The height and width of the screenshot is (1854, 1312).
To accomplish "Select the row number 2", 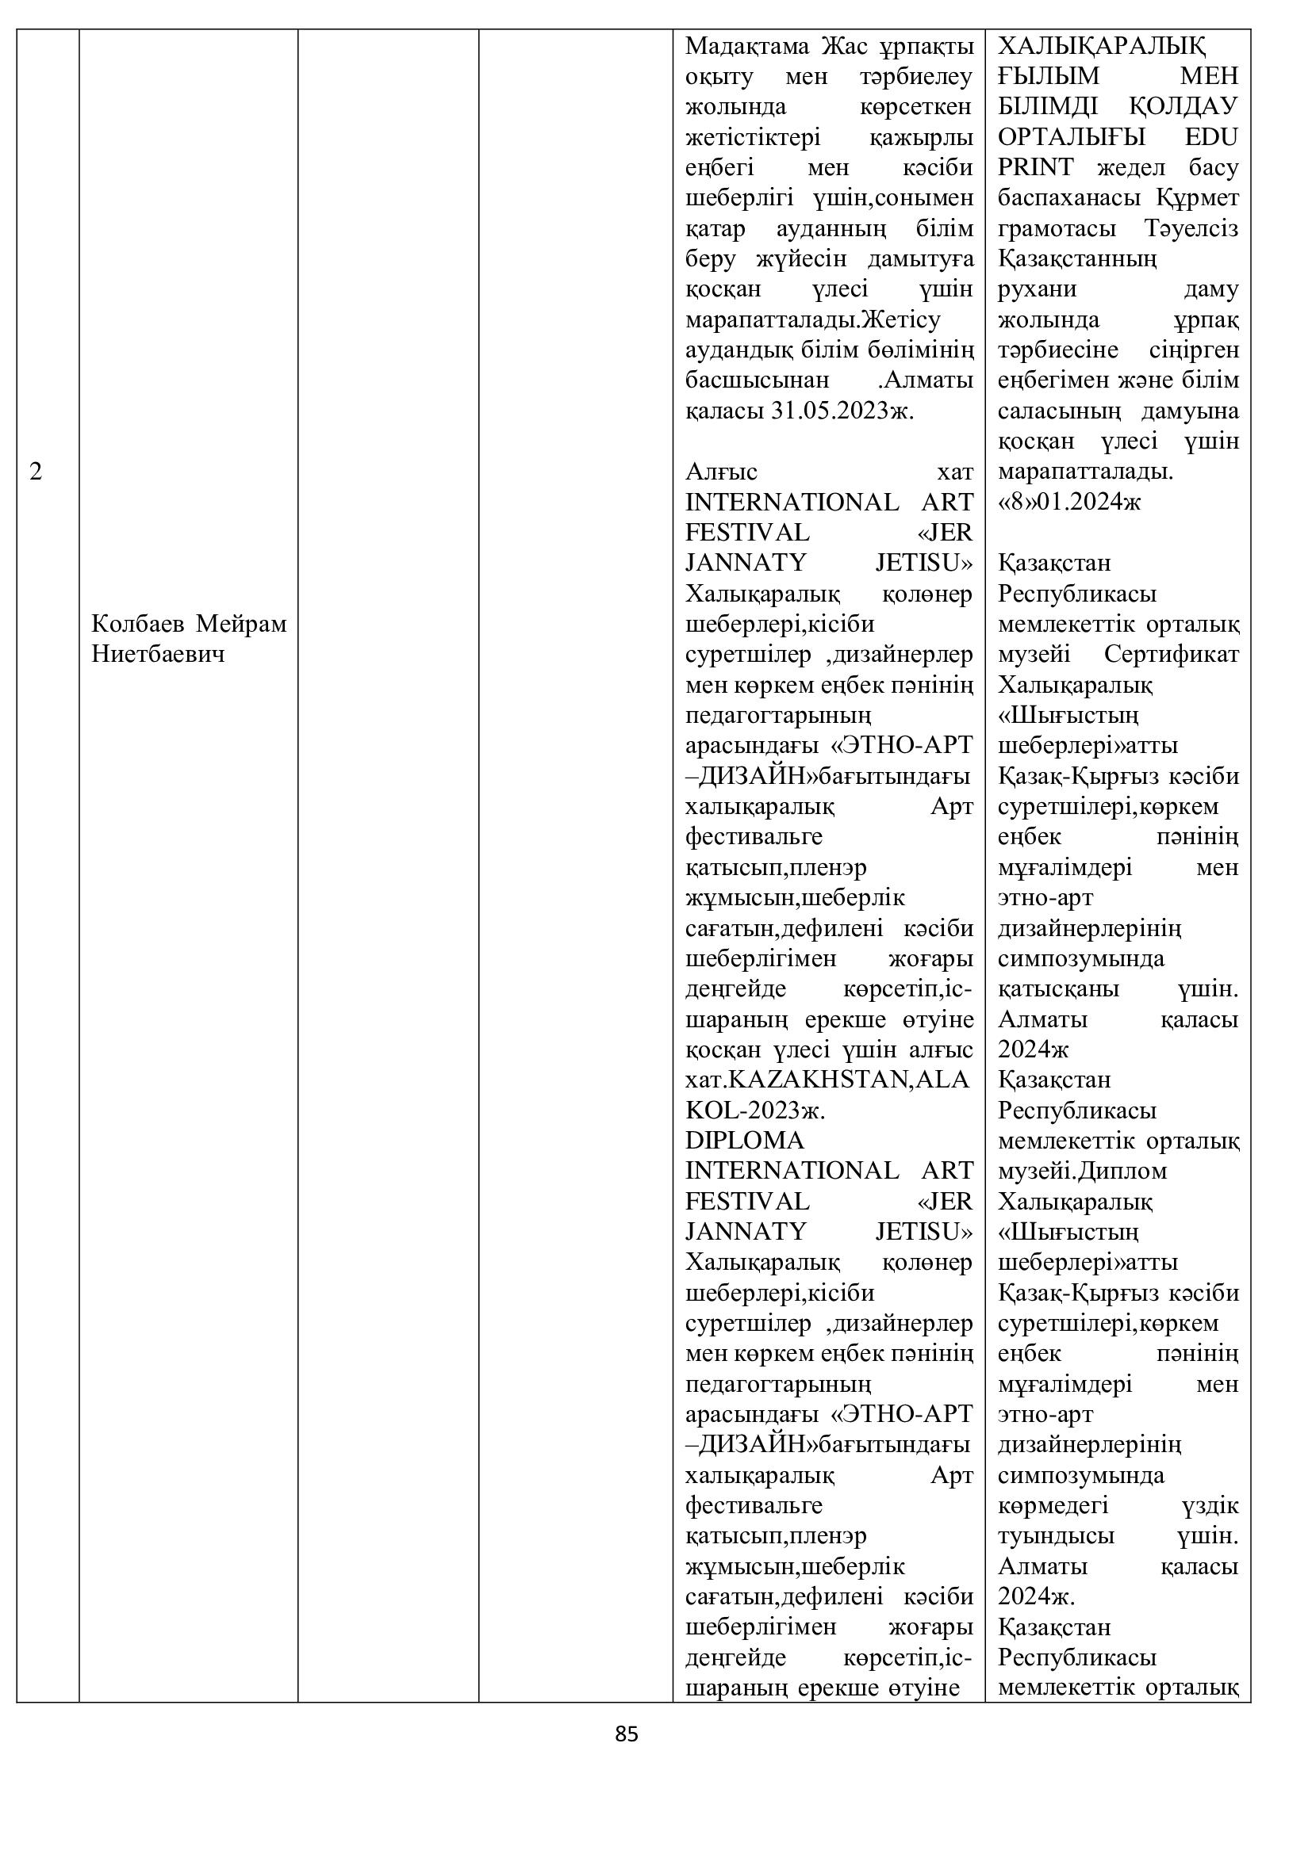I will coord(36,472).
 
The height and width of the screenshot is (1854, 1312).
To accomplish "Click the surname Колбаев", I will coord(139,623).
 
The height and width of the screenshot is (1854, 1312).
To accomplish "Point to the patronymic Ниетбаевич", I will coord(159,654).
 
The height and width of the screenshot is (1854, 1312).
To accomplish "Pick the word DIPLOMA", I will coord(745,1140).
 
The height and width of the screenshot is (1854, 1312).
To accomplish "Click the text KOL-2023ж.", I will coord(754,1110).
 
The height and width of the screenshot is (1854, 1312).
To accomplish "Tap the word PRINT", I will coord(1036,167).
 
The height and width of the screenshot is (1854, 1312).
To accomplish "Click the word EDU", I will coord(1211,136).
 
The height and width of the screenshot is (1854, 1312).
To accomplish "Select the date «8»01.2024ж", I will coord(1069,503).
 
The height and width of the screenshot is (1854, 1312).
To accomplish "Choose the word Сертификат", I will coord(1171,654).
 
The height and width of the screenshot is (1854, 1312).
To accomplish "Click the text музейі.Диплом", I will coord(1083,1170).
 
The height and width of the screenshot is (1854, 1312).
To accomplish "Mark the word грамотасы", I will coord(1057,228).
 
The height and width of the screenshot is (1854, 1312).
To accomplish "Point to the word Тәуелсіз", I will coord(1191,228).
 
